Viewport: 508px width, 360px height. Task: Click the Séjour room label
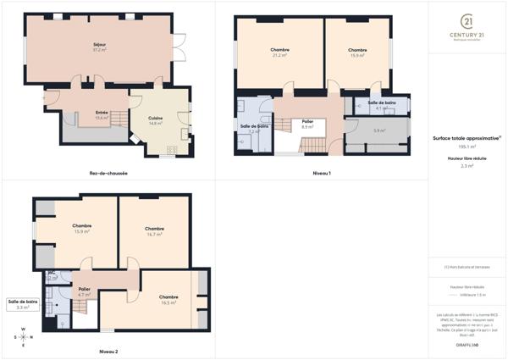(x=99, y=46)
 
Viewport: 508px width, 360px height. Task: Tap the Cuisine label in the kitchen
(x=155, y=118)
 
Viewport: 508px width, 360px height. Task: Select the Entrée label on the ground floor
(x=102, y=113)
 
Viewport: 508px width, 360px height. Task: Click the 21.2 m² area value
(x=279, y=55)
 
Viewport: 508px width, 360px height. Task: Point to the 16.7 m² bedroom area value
(x=154, y=234)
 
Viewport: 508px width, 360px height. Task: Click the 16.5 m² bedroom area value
(x=168, y=302)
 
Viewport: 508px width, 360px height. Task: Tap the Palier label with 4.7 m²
(x=84, y=289)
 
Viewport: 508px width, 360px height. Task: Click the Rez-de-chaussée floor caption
(x=108, y=174)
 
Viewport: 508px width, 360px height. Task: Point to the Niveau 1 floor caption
(x=321, y=174)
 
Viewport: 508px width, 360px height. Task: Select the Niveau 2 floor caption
(x=108, y=350)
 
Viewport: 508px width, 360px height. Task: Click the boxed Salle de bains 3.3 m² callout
(x=23, y=304)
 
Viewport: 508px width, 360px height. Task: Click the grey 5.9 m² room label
(x=379, y=130)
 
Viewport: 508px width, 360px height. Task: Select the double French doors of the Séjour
(x=179, y=49)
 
